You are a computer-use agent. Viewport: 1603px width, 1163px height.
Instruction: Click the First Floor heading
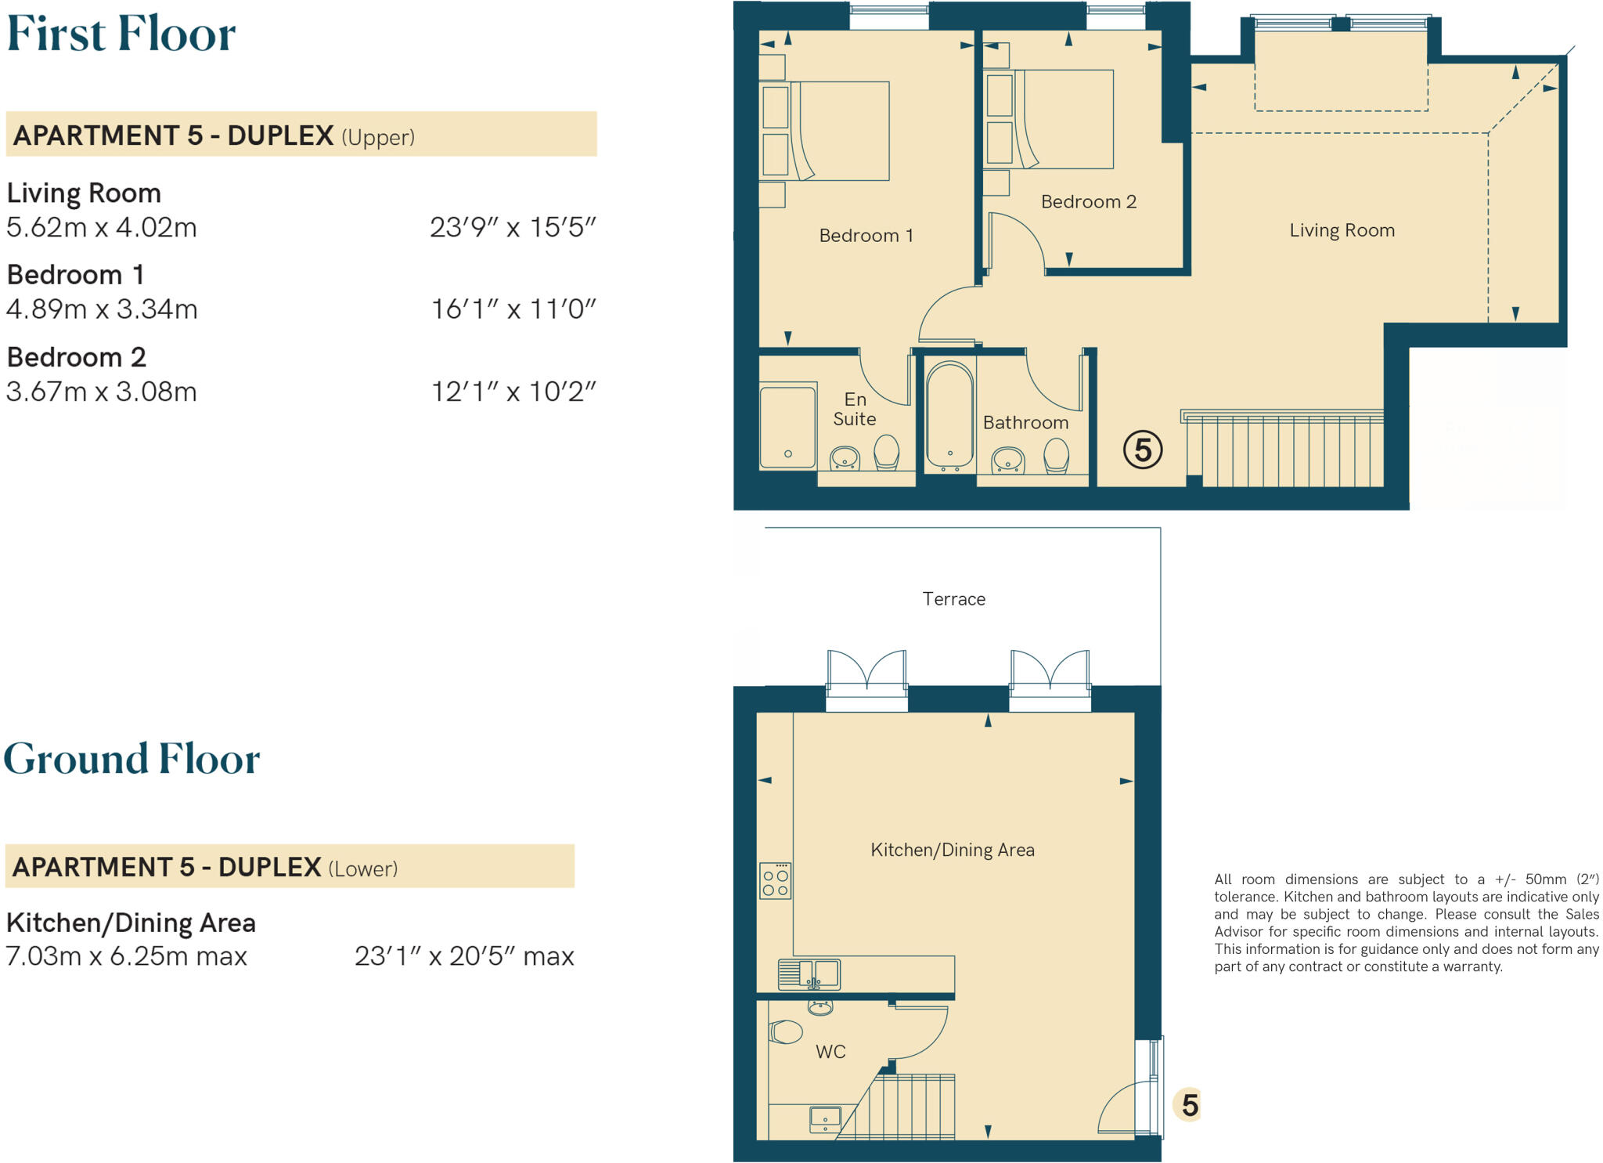(x=121, y=34)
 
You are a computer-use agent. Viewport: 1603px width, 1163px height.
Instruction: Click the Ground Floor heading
(x=131, y=759)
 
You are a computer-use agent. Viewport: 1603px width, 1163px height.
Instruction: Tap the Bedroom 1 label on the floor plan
(x=866, y=236)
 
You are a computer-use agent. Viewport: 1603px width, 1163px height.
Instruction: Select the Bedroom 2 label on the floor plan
(x=1088, y=202)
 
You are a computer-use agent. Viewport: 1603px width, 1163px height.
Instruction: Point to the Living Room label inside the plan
(x=1342, y=230)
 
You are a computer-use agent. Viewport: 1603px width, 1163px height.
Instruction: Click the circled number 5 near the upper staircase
(x=1143, y=450)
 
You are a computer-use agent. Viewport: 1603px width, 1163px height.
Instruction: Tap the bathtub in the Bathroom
(x=949, y=416)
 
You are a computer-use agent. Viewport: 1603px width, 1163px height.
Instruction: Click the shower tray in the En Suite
(x=788, y=426)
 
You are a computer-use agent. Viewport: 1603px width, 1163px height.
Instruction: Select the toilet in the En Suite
(x=887, y=452)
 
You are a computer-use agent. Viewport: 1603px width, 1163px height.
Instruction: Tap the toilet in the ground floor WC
(x=786, y=1032)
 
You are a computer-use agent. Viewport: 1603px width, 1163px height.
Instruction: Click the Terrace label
(x=953, y=599)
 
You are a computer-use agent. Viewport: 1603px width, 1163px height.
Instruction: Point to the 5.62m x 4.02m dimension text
(x=102, y=228)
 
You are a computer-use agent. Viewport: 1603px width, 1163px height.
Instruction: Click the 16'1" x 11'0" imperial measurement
(x=513, y=309)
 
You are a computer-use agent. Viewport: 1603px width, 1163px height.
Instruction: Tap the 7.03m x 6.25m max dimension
(x=127, y=956)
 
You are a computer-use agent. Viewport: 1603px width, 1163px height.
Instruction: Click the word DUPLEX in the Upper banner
(x=280, y=135)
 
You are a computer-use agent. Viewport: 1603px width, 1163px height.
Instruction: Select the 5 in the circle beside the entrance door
(x=1190, y=1105)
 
